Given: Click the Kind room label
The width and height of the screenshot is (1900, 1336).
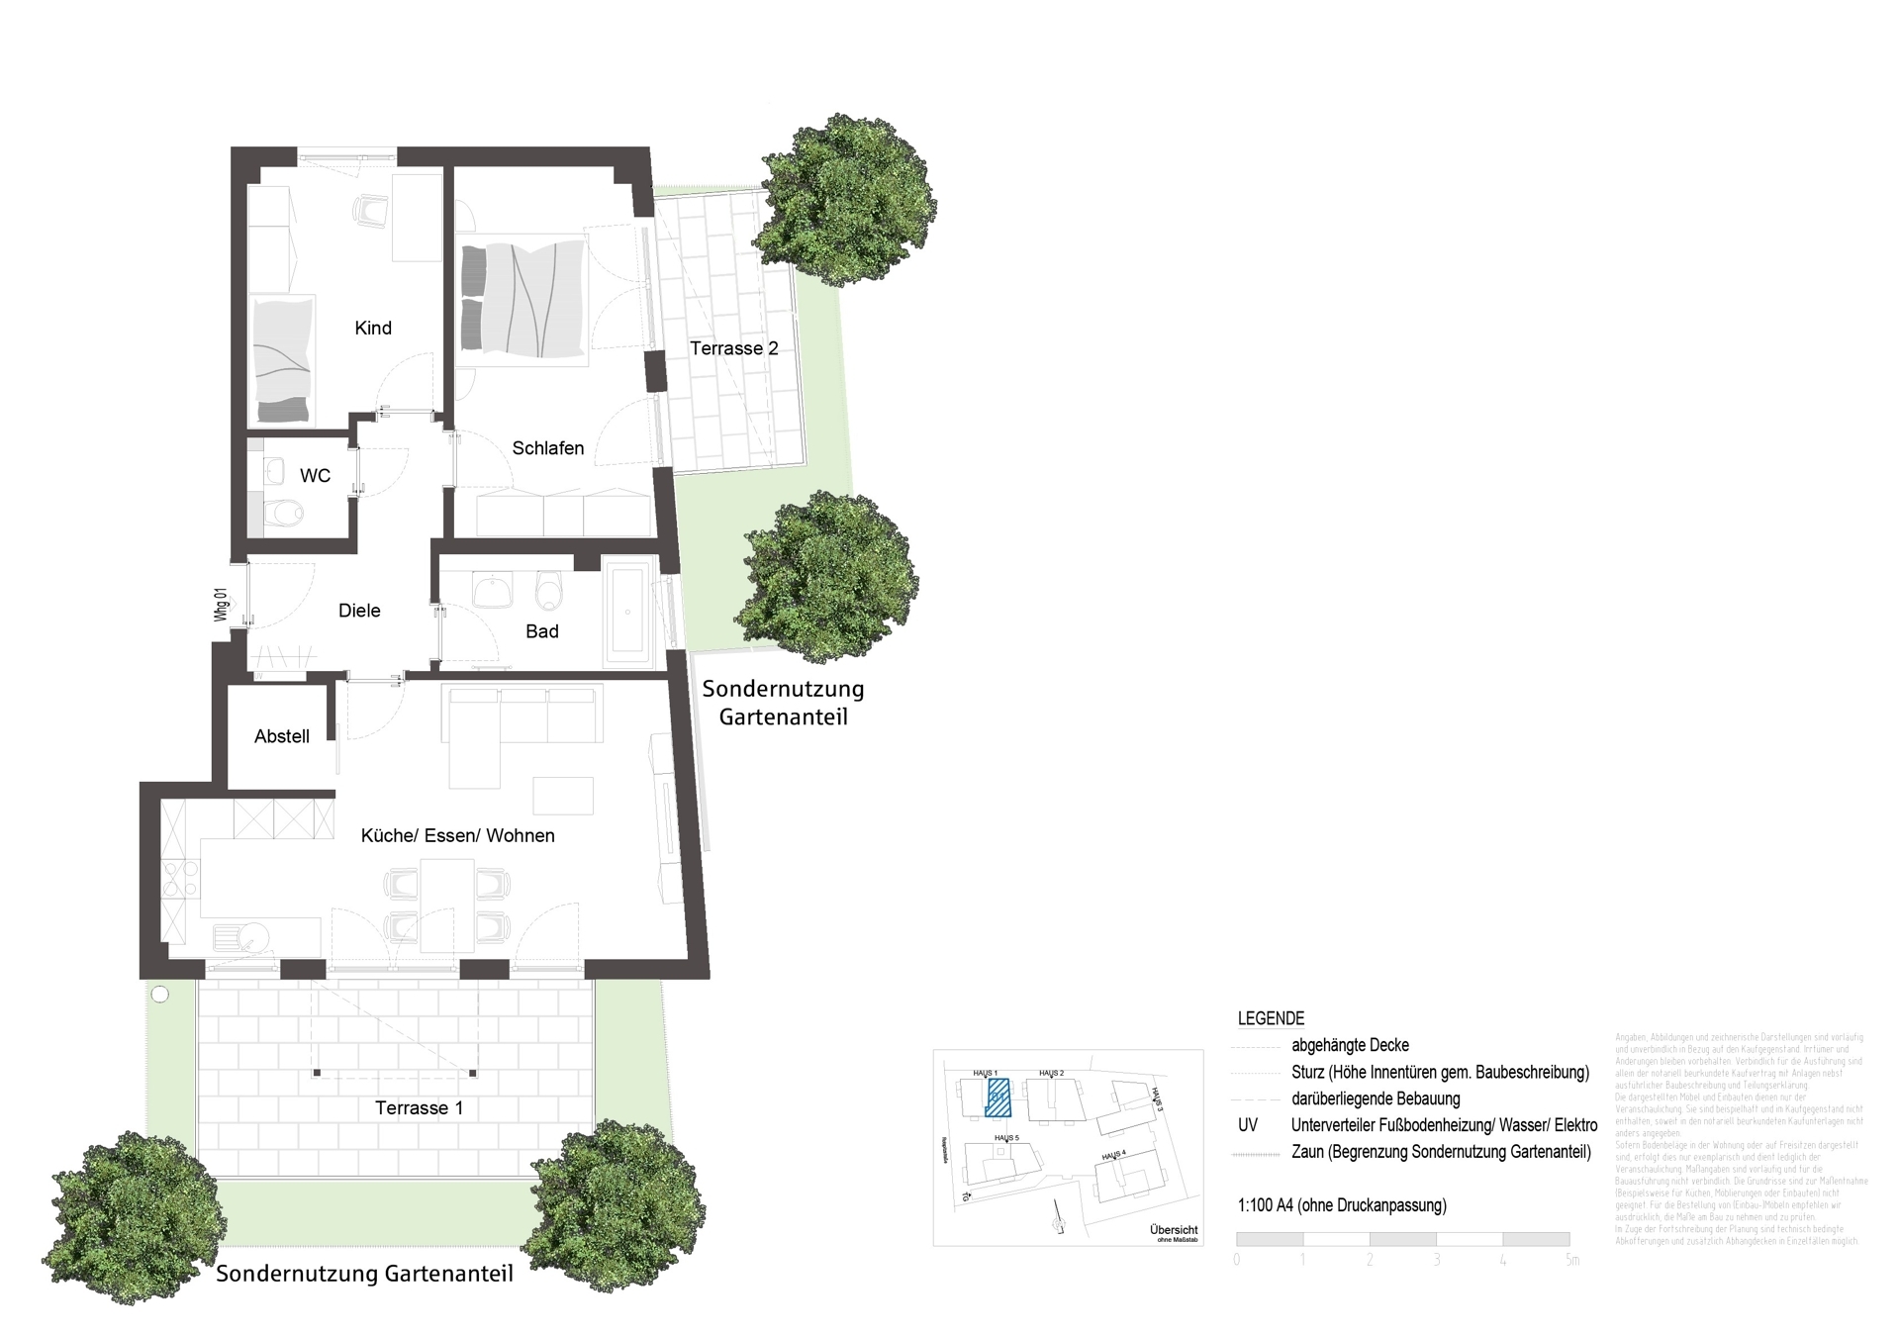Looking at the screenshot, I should tap(373, 328).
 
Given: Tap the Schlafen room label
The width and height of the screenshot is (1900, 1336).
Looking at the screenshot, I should tap(547, 448).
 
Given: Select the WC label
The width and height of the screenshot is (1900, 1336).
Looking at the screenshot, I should tap(315, 476).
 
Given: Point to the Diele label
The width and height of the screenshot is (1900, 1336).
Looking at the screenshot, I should tap(359, 611).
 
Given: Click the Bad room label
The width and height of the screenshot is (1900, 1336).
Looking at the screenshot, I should tap(541, 631).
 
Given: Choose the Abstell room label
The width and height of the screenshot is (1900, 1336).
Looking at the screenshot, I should tap(281, 736).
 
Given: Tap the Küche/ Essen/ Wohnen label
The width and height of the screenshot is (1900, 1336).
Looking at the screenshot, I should tap(457, 835).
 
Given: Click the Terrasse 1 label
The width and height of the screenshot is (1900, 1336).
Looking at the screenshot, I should tap(419, 1107).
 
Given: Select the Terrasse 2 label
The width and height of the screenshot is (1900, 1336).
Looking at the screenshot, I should tap(733, 348).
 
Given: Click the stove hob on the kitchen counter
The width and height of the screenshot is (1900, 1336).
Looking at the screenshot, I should tap(180, 878).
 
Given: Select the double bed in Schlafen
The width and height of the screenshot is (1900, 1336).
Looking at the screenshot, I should tap(524, 298).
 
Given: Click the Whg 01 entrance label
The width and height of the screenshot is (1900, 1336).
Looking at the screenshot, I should tap(221, 605).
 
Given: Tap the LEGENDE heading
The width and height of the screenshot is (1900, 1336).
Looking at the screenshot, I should tap(1271, 1018).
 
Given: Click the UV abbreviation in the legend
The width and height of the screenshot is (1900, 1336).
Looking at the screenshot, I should tap(1247, 1125).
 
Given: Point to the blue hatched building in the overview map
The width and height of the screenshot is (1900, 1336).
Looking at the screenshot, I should tap(997, 1097).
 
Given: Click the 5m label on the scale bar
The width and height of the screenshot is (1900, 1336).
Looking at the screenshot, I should tap(1571, 1260).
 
